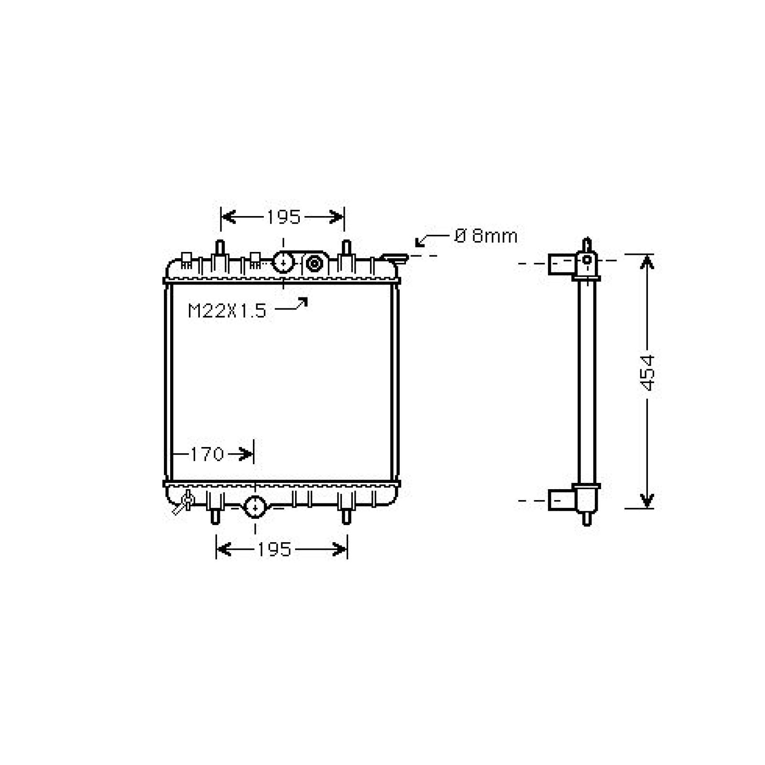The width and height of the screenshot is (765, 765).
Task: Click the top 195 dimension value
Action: (x=283, y=217)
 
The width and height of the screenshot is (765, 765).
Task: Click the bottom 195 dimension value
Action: (x=274, y=549)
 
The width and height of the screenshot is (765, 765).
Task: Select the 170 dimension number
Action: (x=207, y=454)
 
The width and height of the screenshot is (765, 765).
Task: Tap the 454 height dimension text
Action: (x=647, y=372)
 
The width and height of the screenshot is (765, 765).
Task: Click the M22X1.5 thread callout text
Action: (x=227, y=311)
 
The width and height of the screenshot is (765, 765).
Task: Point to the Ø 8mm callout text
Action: (x=486, y=236)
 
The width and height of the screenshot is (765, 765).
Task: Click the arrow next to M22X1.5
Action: (x=291, y=305)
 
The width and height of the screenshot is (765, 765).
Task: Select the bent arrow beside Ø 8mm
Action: (x=432, y=240)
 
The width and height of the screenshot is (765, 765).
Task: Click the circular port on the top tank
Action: (x=283, y=263)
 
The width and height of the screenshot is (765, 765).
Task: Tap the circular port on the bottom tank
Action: (x=255, y=507)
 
